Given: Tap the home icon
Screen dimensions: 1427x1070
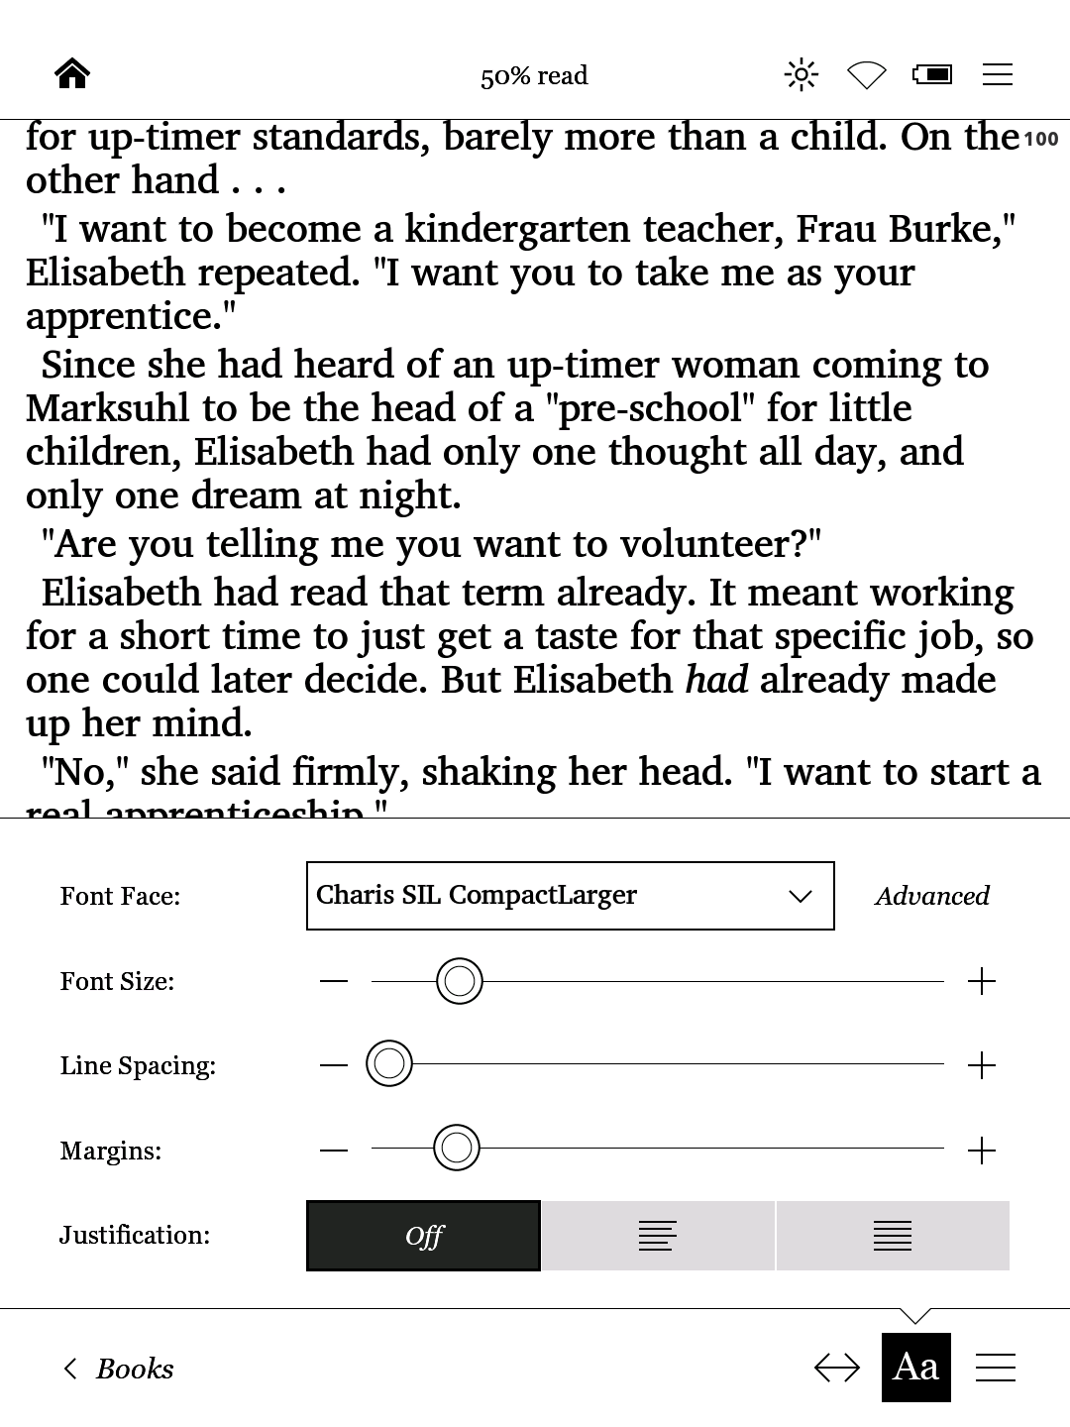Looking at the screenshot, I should tap(72, 74).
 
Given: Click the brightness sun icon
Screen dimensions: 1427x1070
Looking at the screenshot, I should tap(801, 74).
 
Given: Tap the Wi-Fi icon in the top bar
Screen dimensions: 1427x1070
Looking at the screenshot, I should tap(866, 75).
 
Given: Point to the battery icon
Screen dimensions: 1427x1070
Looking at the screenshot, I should tap(932, 74).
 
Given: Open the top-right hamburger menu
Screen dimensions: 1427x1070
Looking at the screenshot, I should tap(997, 74).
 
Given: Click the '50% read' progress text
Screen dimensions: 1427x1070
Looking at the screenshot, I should tap(534, 76).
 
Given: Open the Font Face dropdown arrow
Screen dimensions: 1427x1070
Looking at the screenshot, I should tap(800, 897).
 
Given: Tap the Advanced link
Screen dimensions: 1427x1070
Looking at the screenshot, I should tap(931, 897).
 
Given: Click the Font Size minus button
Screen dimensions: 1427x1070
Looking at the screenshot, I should tap(334, 982).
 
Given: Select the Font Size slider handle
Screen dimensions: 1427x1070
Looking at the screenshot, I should tap(459, 981).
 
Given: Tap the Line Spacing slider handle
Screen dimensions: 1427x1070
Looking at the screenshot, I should tap(389, 1065).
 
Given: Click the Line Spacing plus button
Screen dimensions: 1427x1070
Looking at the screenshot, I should tap(981, 1066).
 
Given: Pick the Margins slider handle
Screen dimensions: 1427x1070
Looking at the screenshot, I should tap(457, 1149).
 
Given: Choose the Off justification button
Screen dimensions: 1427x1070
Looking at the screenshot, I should tap(424, 1236).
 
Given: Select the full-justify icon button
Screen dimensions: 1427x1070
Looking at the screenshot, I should tap(892, 1236).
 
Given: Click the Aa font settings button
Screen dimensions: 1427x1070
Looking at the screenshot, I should tap(915, 1368).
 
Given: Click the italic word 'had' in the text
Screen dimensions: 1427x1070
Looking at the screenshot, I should tap(716, 681).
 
